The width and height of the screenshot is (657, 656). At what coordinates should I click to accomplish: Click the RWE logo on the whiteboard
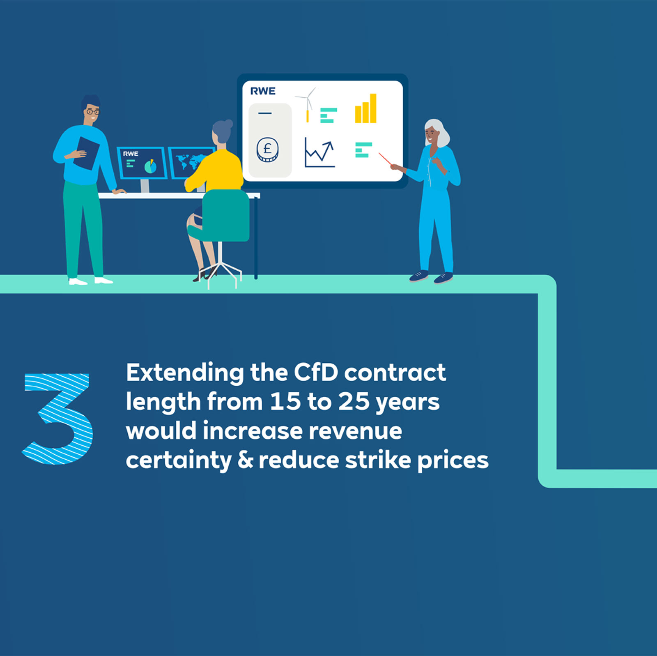pos(263,91)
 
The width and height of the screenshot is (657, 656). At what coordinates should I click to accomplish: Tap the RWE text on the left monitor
pos(131,154)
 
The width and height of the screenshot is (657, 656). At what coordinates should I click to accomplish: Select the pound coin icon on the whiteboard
pos(267,149)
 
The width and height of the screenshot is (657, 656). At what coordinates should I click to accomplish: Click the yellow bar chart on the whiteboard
pos(365,109)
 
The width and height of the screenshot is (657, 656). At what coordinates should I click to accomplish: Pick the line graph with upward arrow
pos(319,153)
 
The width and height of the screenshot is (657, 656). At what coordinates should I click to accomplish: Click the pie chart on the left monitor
pos(150,166)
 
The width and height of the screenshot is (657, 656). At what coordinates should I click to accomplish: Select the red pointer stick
pos(385,159)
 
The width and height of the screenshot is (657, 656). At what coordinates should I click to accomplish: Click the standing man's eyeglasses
pos(93,111)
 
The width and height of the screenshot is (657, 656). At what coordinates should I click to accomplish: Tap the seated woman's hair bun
pos(228,124)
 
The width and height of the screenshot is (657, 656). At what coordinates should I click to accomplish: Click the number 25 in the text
pos(354,402)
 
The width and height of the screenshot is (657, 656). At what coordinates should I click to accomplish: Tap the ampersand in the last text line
pos(245,460)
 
